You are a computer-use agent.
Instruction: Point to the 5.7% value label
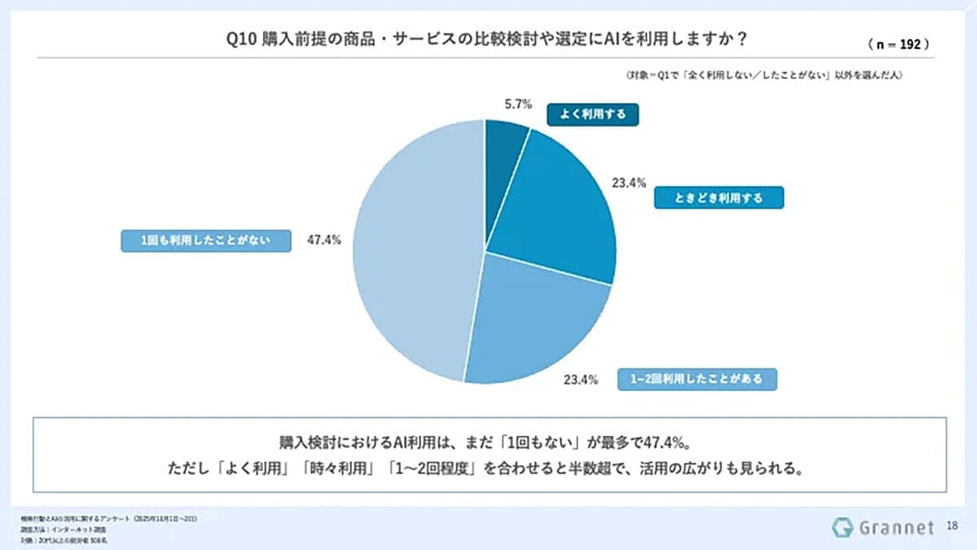coord(518,104)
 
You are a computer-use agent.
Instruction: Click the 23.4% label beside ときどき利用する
coord(629,183)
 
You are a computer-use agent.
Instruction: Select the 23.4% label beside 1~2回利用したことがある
coord(582,379)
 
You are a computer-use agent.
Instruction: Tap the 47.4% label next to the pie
coord(325,240)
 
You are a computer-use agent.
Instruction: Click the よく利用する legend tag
coord(592,114)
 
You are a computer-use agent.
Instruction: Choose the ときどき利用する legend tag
coord(719,198)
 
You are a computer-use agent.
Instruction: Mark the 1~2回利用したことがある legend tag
coord(696,380)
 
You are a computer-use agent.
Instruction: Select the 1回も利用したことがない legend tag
coord(205,240)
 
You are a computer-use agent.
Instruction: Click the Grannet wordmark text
coord(896,528)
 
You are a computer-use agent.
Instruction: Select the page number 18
coord(953,527)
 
